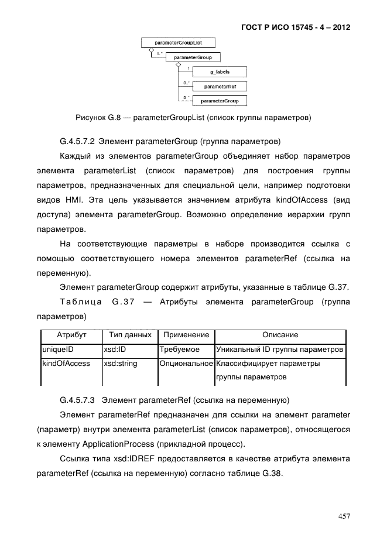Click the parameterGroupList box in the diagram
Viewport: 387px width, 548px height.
coord(178,43)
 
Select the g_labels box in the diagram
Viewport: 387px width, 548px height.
coord(220,72)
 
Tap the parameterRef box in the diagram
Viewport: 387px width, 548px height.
coord(220,86)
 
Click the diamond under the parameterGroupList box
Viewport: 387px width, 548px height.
coord(151,51)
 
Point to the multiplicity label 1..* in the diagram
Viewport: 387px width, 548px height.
coord(159,54)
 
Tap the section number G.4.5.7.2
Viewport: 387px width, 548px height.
coord(78,141)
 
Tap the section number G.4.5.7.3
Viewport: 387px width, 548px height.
coord(78,400)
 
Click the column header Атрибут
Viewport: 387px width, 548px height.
coord(71,335)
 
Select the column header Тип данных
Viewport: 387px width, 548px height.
coord(130,335)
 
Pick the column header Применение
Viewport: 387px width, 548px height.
coord(186,335)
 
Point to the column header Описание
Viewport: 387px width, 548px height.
coord(280,335)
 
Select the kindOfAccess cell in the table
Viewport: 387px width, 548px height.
coord(66,364)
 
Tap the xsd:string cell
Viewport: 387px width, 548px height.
coord(120,364)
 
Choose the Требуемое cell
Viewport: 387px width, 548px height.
coord(180,350)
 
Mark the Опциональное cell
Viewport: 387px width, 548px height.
coord(186,364)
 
